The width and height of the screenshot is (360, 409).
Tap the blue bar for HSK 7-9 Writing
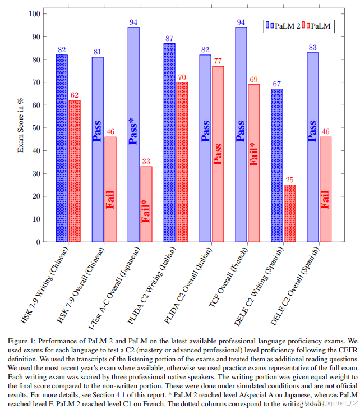click(62, 148)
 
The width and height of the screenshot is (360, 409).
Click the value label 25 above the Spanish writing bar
click(289, 180)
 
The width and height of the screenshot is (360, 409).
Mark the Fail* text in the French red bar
click(253, 154)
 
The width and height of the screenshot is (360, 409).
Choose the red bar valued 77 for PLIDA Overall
click(218, 154)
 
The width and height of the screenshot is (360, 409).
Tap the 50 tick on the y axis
click(36, 127)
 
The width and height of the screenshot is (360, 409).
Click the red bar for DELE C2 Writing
click(289, 213)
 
